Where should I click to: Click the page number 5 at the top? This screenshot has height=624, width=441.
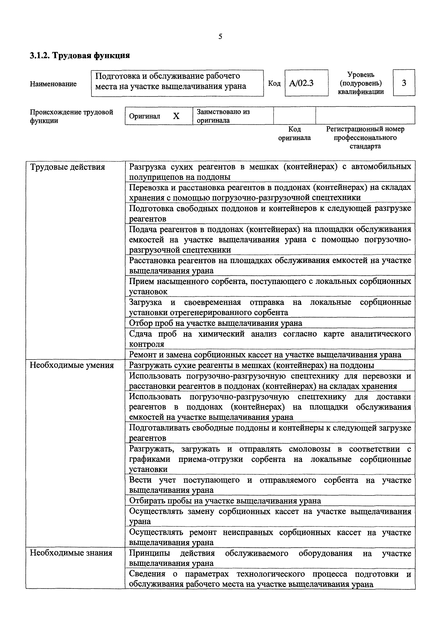pos(220,36)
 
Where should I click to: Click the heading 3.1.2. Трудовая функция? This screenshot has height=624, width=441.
pos(80,55)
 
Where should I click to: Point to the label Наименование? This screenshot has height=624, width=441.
pos(53,84)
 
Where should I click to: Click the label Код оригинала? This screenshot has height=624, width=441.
pos(294,133)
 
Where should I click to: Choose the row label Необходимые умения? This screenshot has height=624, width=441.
pos(71,365)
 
